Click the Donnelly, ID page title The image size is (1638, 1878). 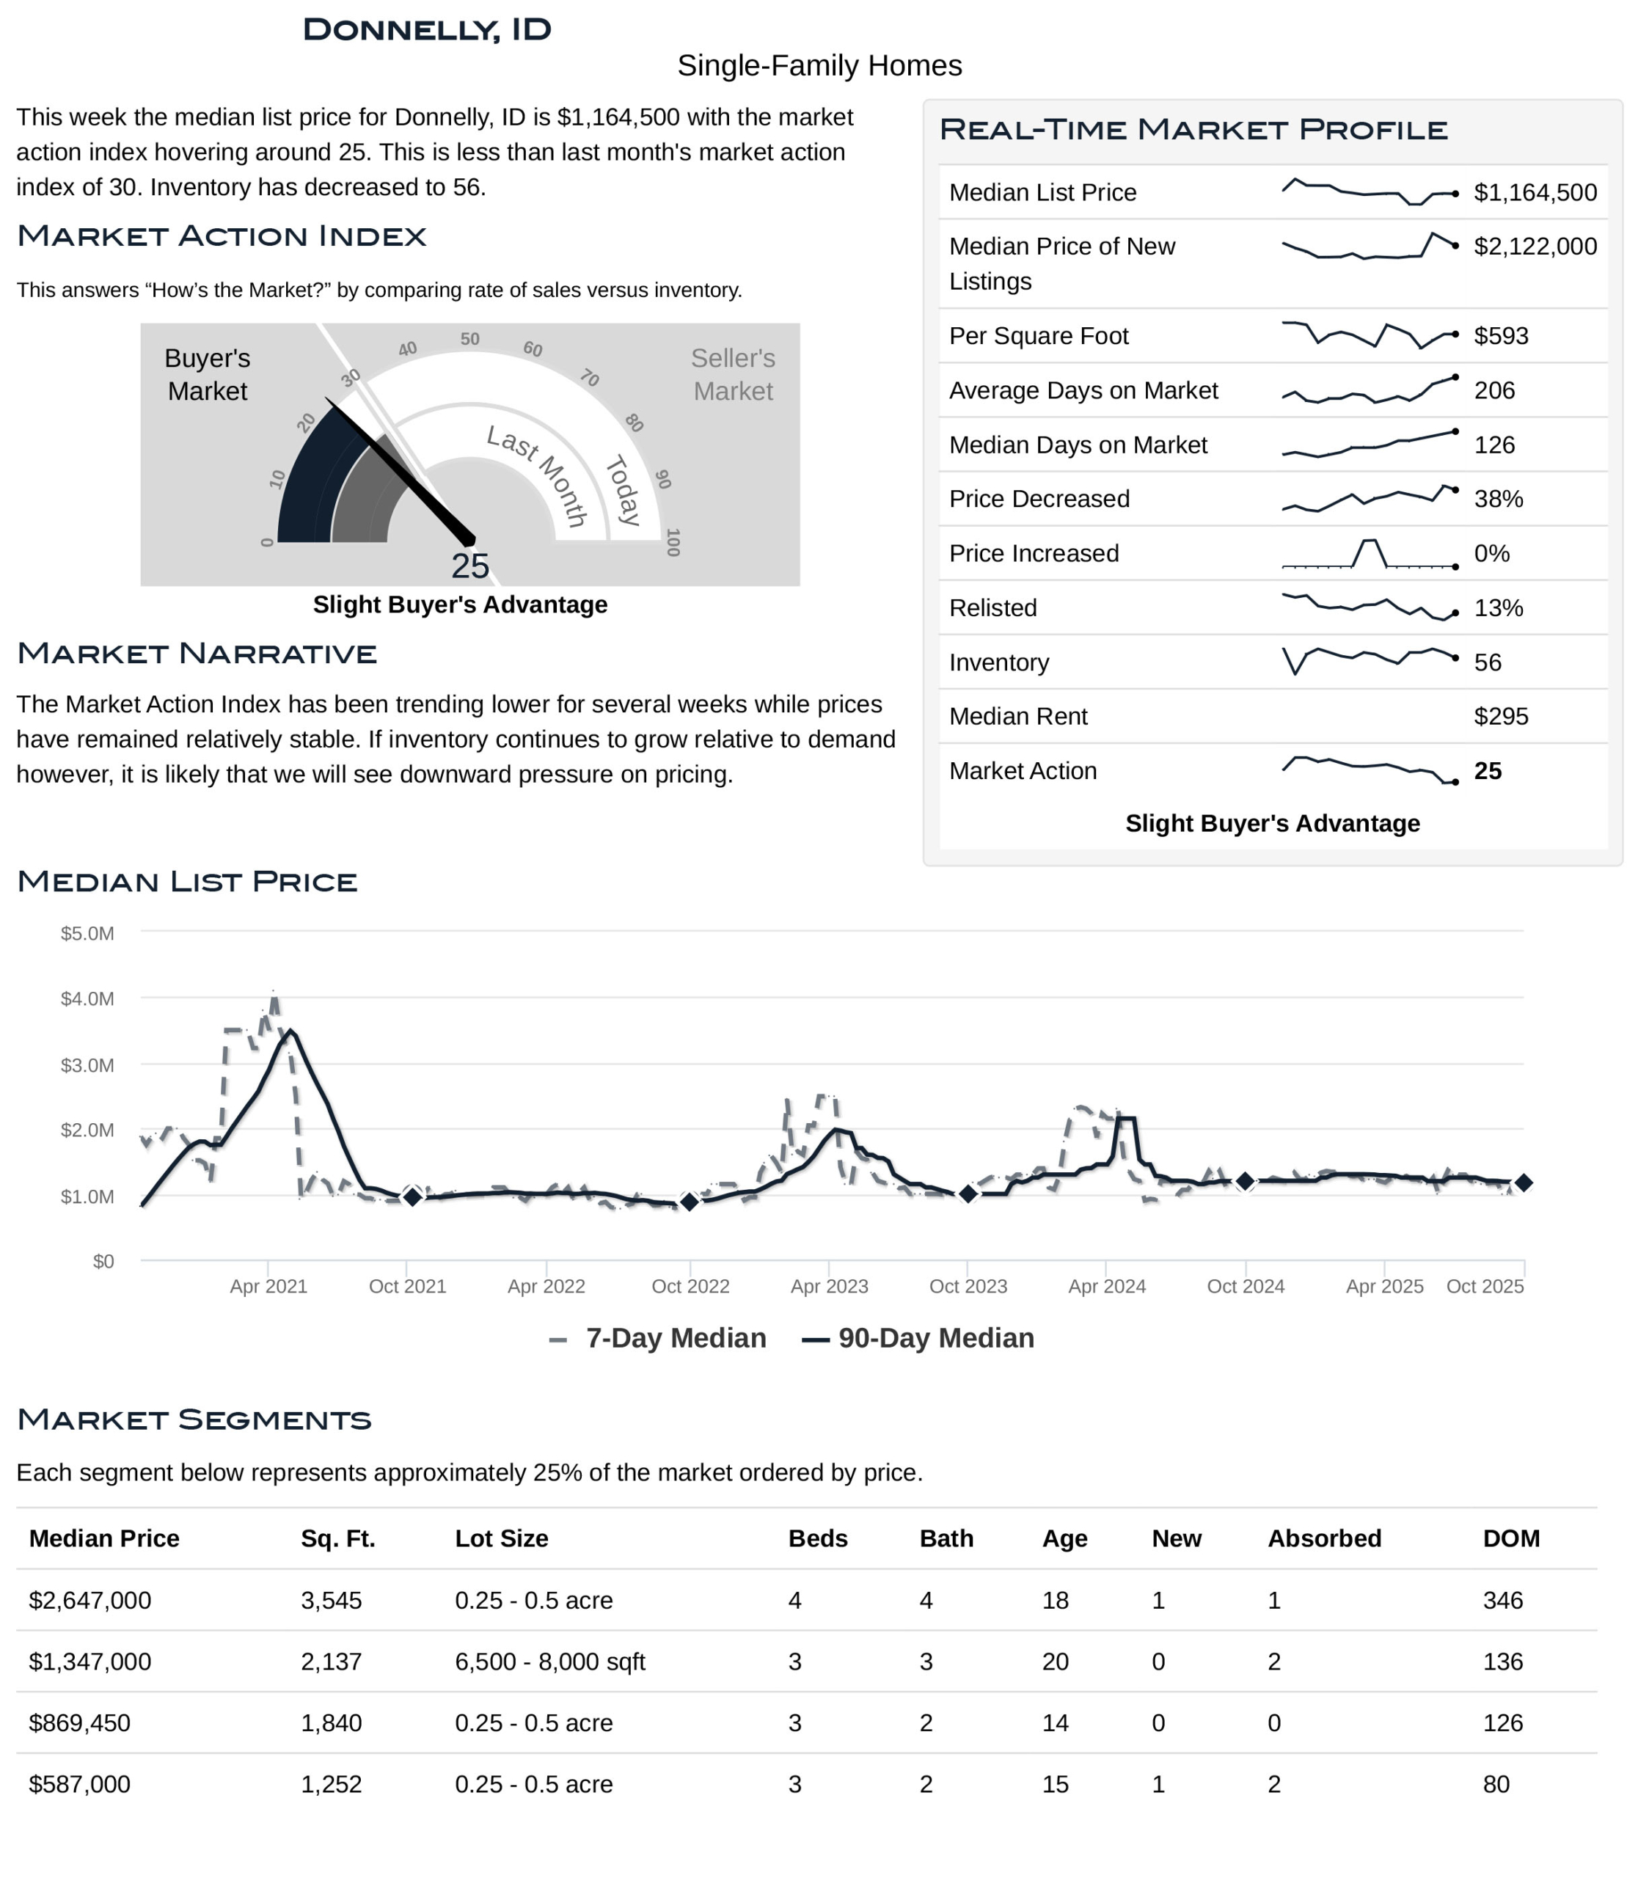click(x=427, y=29)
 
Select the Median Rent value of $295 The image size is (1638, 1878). click(x=1500, y=716)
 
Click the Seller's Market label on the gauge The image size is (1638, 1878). click(x=732, y=374)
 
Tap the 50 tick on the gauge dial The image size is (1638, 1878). click(x=469, y=339)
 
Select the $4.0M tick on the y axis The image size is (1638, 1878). click(x=88, y=998)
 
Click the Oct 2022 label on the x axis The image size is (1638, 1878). click(x=690, y=1287)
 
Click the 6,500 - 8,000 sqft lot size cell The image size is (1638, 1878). click(x=549, y=1662)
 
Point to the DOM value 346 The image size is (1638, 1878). click(x=1503, y=1600)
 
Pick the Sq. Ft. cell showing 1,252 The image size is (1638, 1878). click(x=331, y=1784)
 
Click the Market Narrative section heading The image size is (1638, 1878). click(x=197, y=654)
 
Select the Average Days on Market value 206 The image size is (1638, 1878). click(x=1493, y=390)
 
